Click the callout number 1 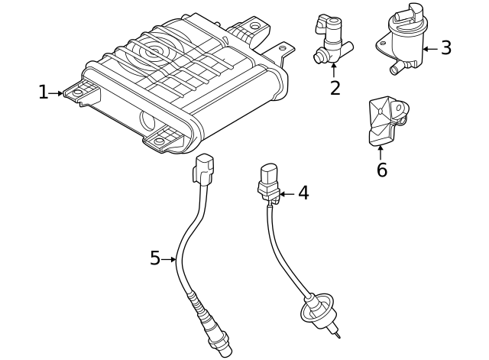coord(44,93)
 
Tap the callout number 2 coord(335,87)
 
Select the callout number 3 coord(445,47)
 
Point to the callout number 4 coord(303,193)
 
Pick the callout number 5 coord(155,259)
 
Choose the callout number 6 coord(381,169)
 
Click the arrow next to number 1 coord(58,93)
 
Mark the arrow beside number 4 coord(285,194)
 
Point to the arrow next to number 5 coord(170,259)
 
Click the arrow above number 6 coord(381,151)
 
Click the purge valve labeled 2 coord(331,37)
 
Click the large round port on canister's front coord(148,120)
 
